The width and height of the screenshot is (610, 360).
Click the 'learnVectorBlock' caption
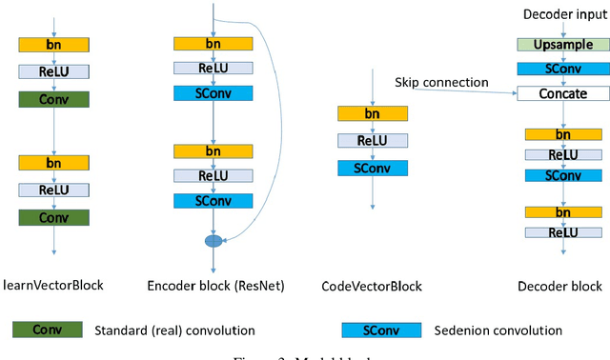pos(53,285)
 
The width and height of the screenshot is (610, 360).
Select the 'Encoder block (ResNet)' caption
pos(214,286)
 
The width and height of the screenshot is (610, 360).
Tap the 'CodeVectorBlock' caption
pos(373,286)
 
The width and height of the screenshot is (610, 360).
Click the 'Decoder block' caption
pos(559,286)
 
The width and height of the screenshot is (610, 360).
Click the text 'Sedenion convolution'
pos(498,330)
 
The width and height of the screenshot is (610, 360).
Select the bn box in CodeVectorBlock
pos(373,113)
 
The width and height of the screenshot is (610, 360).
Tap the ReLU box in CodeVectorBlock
pos(373,141)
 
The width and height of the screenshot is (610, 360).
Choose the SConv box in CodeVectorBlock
pos(373,168)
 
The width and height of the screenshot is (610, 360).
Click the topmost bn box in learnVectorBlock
pos(53,44)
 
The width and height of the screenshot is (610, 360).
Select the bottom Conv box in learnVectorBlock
pos(53,218)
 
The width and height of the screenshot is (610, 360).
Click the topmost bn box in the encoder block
pos(213,44)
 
